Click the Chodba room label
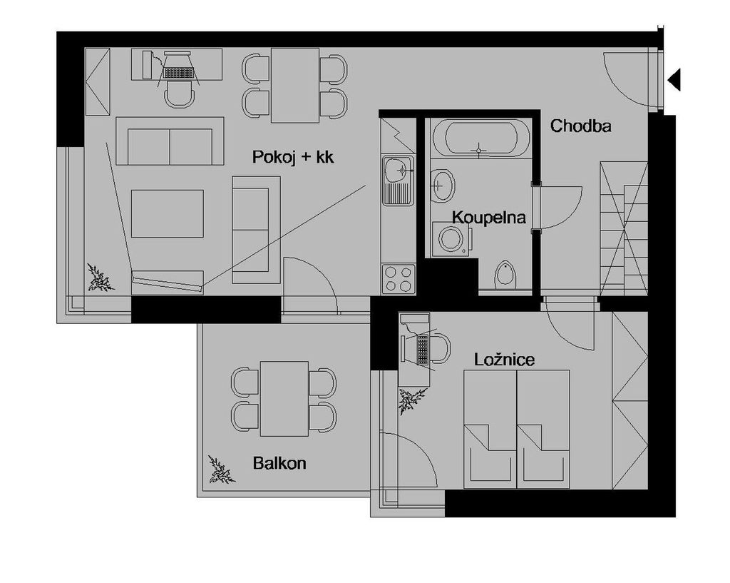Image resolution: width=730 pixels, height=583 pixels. pos(580,126)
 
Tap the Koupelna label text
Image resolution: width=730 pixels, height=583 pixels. pos(489,217)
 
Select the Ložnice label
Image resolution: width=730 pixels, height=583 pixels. pos(504,360)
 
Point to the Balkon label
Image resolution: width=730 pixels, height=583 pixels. pos(279,463)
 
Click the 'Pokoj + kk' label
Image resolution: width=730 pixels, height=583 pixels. pos(293,157)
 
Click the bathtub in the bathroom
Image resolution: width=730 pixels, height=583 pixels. pos(481,138)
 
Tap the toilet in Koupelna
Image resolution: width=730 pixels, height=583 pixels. pos(504,275)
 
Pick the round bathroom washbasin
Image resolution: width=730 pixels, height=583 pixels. pos(442,185)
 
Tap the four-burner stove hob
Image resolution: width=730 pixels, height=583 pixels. pos(399,279)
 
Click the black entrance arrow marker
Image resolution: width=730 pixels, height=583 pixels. pos(674,79)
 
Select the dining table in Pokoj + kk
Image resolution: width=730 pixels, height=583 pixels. pos(295,86)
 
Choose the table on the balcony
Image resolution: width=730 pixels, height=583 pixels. pos(284,398)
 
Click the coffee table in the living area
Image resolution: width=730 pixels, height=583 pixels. pos(167,213)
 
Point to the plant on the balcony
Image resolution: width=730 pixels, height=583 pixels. pos(220,470)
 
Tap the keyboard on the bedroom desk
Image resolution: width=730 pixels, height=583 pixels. pos(422,349)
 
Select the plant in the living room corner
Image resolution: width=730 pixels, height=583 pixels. pos(100,278)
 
